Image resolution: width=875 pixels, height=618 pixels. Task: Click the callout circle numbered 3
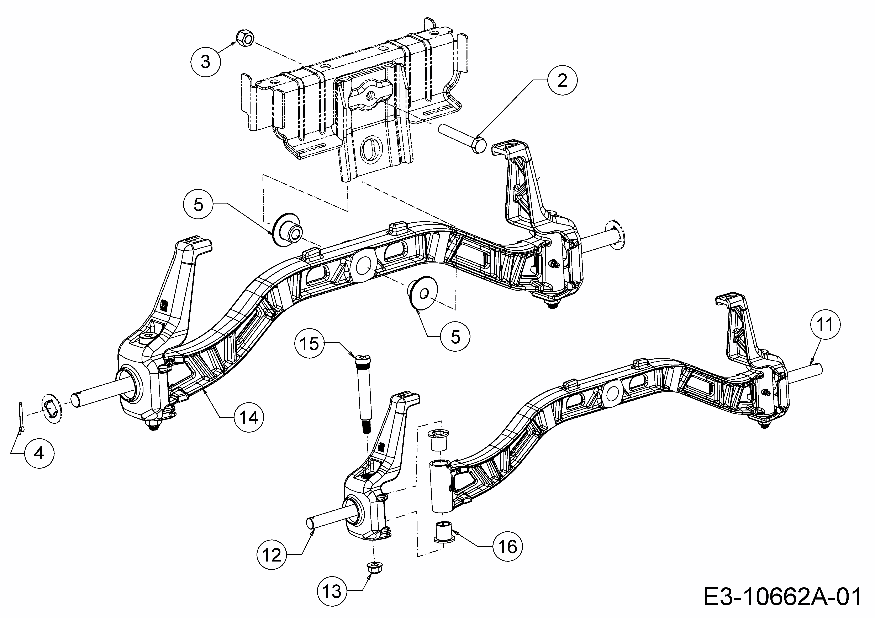point(205,61)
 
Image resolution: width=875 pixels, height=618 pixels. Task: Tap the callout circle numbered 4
point(40,453)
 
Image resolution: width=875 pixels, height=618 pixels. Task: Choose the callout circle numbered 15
point(309,344)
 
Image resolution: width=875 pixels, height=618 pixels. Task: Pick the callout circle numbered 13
point(332,591)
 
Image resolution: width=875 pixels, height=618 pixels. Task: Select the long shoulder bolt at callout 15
point(362,392)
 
